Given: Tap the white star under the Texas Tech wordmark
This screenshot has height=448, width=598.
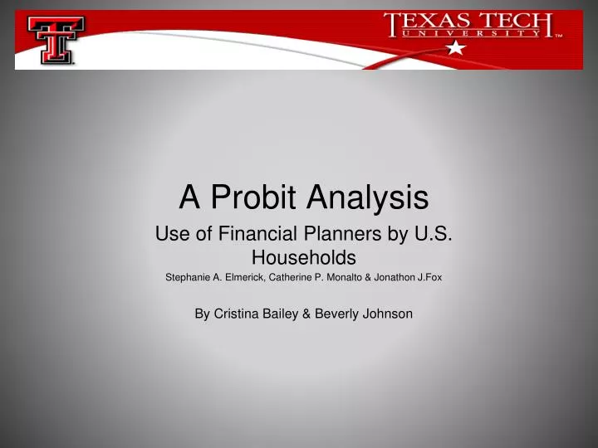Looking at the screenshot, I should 454,49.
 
